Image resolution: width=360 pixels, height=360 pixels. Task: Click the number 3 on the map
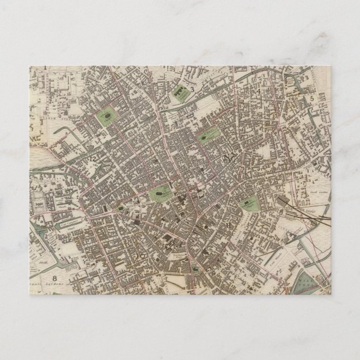tap(192, 89)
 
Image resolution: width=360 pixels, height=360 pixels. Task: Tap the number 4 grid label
tap(259, 91)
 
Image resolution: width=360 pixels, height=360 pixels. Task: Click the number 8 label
tap(55, 278)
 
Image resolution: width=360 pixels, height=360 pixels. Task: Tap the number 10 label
tap(140, 255)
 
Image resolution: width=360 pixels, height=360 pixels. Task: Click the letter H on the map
tap(230, 225)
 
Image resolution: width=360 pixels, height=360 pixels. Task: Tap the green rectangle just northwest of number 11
tap(207, 135)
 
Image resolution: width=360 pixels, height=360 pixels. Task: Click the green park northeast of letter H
tap(248, 203)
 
